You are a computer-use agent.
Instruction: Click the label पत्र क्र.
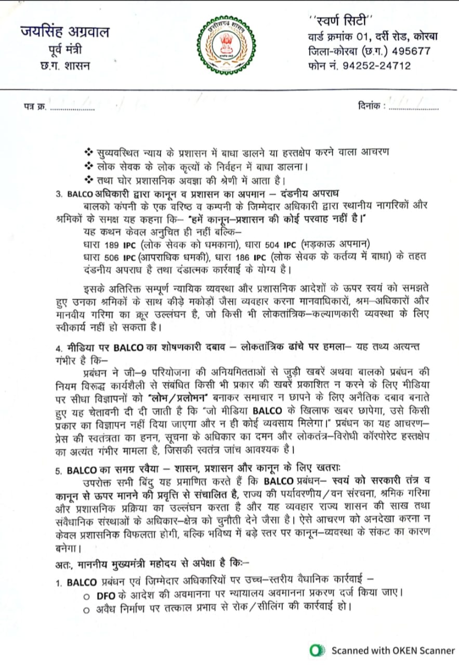pyautogui.click(x=35, y=108)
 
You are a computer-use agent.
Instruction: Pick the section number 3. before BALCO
pyautogui.click(x=59, y=194)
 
